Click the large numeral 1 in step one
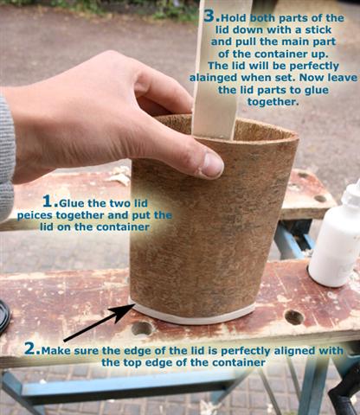(x=48, y=201)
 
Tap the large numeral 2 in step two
(x=30, y=348)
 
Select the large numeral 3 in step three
(x=209, y=16)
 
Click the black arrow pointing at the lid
(x=99, y=322)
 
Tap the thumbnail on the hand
(x=212, y=165)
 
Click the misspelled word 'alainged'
(x=214, y=78)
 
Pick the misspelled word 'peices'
(x=35, y=216)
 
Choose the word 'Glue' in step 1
(x=72, y=203)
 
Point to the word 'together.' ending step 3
(x=273, y=102)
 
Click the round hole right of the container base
(x=294, y=317)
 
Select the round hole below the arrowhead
(x=142, y=329)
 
